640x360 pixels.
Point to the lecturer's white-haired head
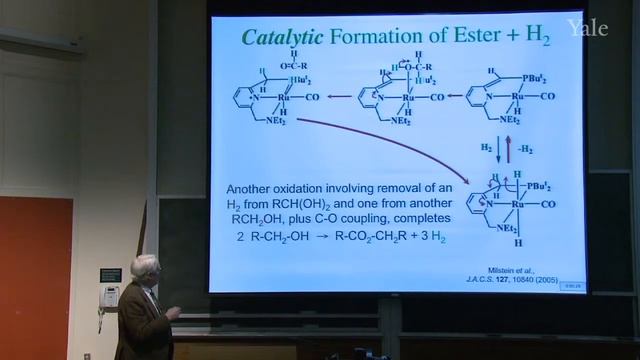[146, 268]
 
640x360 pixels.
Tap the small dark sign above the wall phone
[110, 274]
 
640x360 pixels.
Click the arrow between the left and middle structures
[340, 98]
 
